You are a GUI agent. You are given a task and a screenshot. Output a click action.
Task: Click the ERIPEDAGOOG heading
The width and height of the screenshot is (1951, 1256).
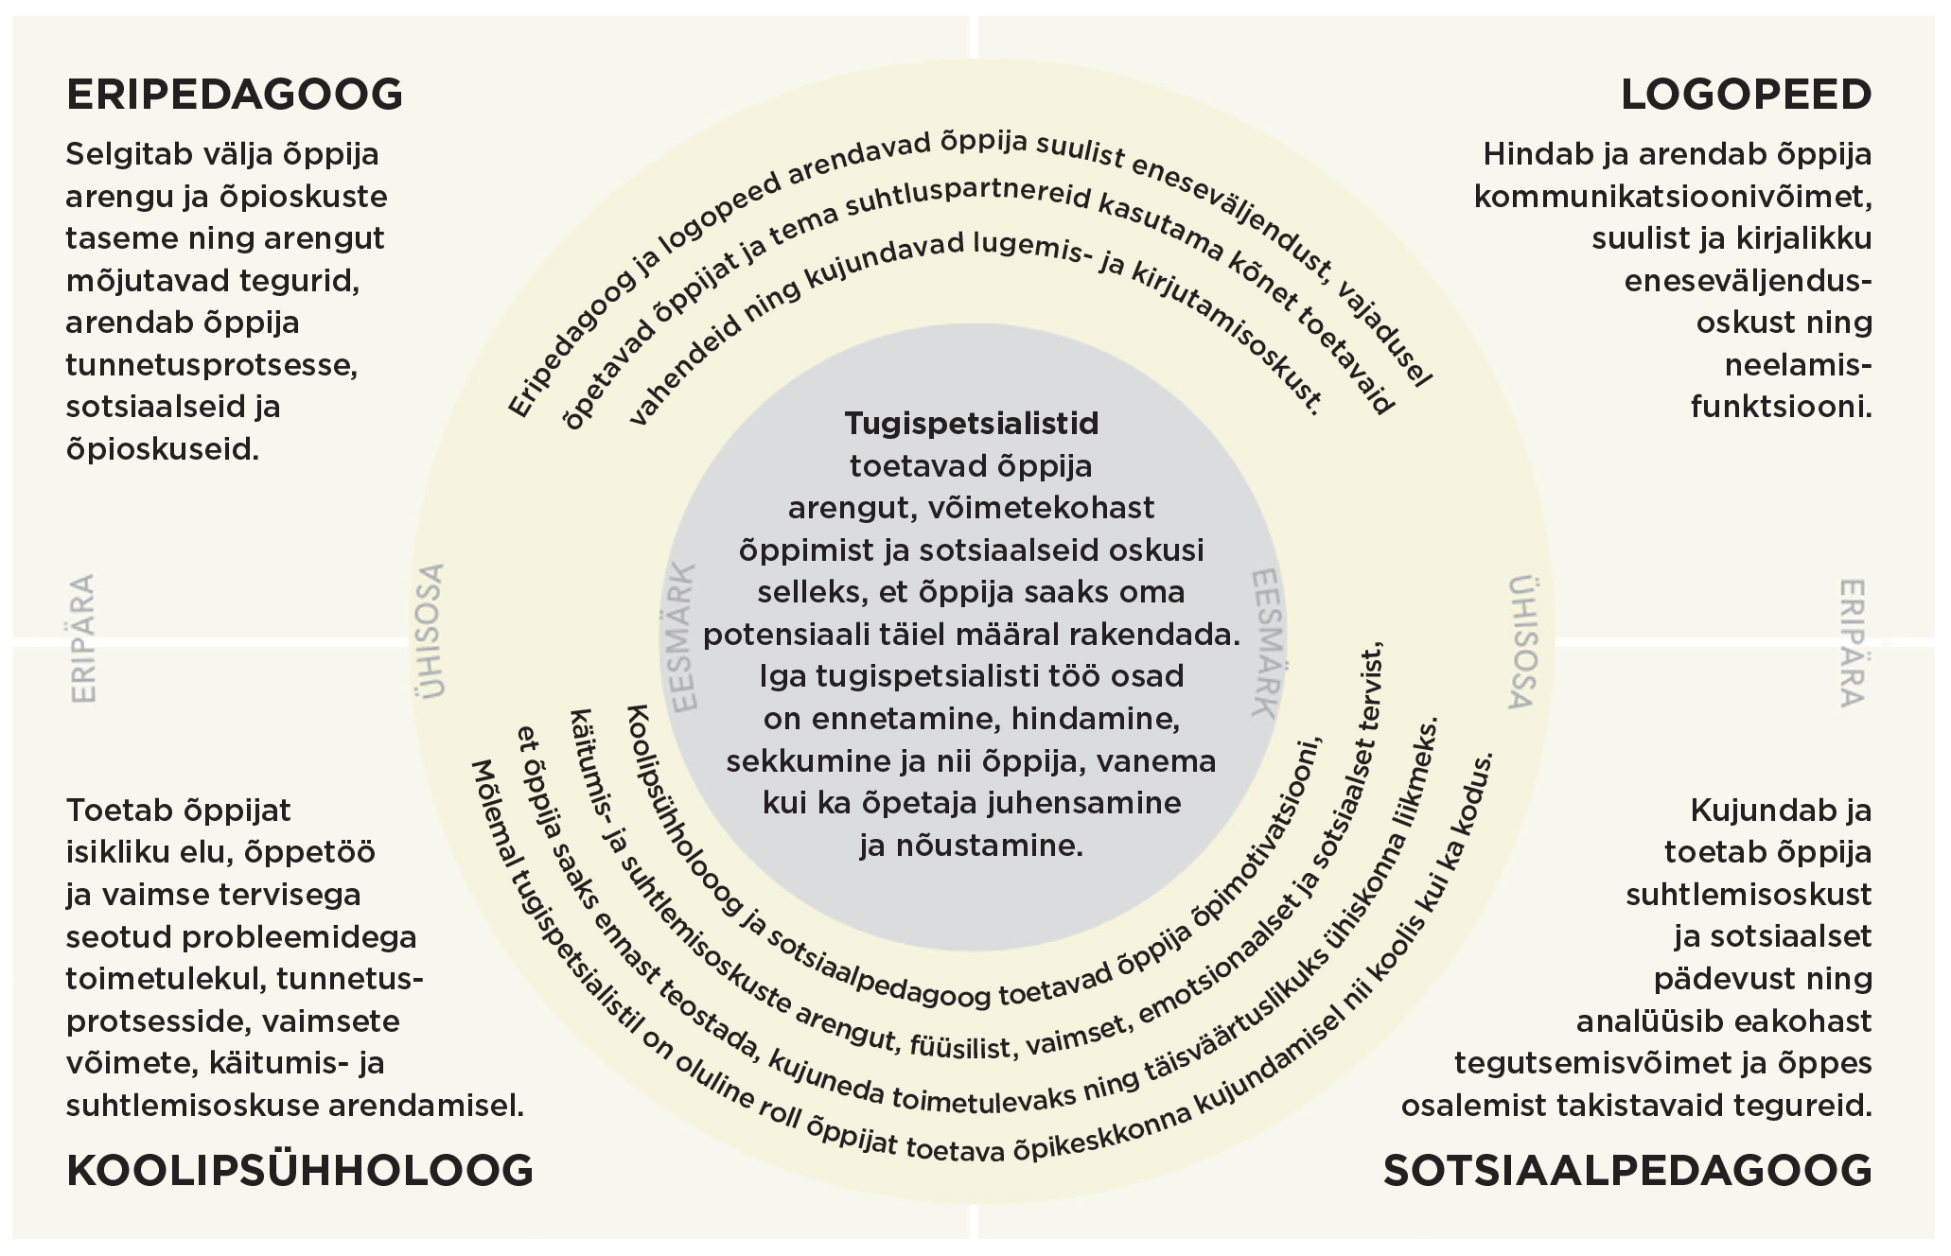(x=235, y=95)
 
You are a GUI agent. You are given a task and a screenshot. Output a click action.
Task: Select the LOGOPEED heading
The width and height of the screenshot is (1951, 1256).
(x=1746, y=95)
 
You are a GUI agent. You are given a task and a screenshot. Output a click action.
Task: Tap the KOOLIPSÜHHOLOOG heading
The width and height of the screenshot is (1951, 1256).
(x=300, y=1171)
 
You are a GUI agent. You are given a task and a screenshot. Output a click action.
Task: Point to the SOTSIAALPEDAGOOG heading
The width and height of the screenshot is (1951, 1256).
(x=1627, y=1171)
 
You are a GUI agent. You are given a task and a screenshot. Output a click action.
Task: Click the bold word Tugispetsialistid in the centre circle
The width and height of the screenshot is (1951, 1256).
(x=972, y=423)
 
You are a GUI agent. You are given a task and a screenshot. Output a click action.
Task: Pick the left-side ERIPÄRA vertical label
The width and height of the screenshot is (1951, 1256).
(x=84, y=638)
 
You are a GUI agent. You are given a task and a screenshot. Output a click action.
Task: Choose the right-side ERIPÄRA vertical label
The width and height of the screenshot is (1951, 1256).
(x=1852, y=643)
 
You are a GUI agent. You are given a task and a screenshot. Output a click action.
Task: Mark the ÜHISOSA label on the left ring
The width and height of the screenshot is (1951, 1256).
(x=431, y=631)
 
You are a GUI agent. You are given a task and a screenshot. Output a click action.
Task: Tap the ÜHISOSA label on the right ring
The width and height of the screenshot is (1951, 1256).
(x=1520, y=643)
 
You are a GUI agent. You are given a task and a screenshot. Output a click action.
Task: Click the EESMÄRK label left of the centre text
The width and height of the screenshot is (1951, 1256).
(x=683, y=637)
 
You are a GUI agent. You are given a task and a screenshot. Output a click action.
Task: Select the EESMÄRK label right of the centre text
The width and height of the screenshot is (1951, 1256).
(x=1263, y=643)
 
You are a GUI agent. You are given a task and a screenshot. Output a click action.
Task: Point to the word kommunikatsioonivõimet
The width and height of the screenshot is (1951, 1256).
(x=1673, y=197)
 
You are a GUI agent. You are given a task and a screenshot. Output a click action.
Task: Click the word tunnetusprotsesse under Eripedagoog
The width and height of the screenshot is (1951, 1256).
(x=211, y=365)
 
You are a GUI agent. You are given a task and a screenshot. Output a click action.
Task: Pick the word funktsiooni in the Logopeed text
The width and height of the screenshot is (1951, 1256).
(x=1781, y=408)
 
